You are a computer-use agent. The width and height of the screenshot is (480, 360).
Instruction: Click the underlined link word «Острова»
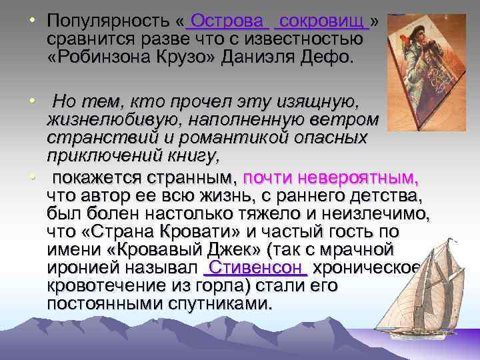coord(227,23)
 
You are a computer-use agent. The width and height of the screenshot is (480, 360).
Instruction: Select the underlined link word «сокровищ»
coord(322,23)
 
